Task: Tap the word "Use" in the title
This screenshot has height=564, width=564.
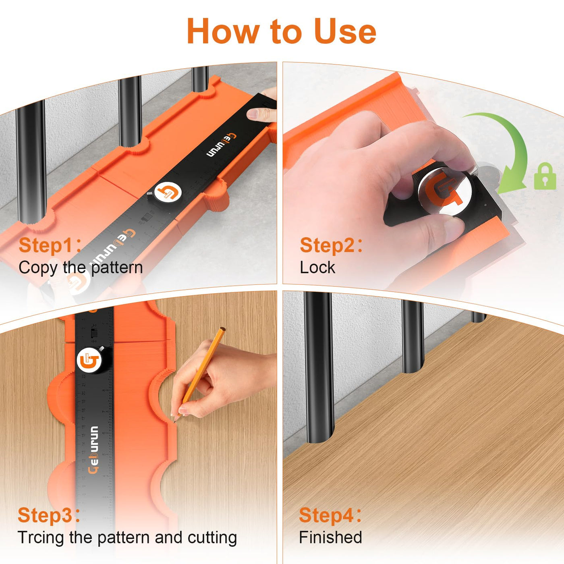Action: point(345,31)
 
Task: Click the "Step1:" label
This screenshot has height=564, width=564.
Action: point(50,245)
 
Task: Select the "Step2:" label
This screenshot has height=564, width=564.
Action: point(331,245)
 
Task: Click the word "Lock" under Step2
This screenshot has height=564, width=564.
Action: point(317,267)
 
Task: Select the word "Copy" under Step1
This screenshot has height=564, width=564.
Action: point(38,268)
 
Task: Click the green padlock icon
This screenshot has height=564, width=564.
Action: point(545,176)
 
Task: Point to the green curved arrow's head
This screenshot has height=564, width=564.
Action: point(511,183)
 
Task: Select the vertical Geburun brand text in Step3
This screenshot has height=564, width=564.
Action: point(93,449)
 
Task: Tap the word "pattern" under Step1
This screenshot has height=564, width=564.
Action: point(117,268)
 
